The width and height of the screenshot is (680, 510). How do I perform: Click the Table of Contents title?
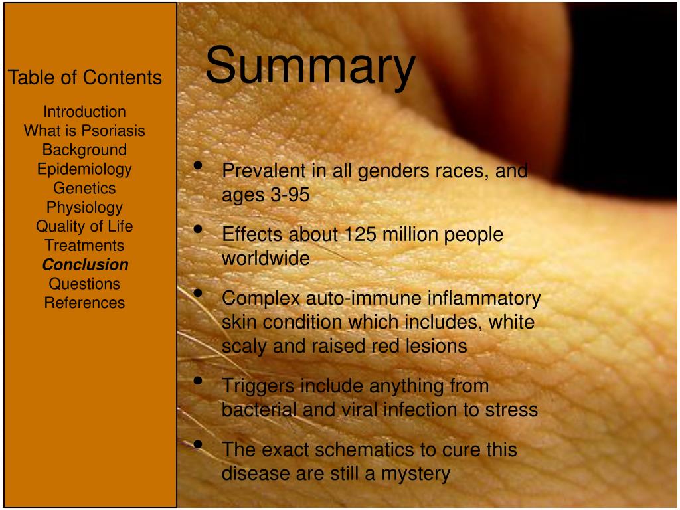(84, 78)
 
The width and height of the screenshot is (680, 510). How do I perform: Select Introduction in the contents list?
(84, 112)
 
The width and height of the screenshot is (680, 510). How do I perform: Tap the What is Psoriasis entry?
(84, 131)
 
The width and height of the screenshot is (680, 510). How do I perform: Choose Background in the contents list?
(84, 150)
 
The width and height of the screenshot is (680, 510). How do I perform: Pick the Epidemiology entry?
(84, 169)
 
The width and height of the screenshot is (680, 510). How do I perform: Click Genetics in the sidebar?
(84, 188)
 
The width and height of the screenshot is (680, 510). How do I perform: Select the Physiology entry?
(84, 208)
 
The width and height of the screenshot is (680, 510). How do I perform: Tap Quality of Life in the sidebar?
(84, 226)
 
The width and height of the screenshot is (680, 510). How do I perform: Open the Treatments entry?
(84, 246)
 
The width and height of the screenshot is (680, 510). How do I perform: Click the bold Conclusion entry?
(86, 264)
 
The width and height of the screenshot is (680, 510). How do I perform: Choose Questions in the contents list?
(84, 284)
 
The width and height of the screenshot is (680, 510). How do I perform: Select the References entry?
(84, 303)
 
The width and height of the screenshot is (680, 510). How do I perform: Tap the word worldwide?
(266, 258)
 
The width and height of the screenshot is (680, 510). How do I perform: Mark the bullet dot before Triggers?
(198, 381)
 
